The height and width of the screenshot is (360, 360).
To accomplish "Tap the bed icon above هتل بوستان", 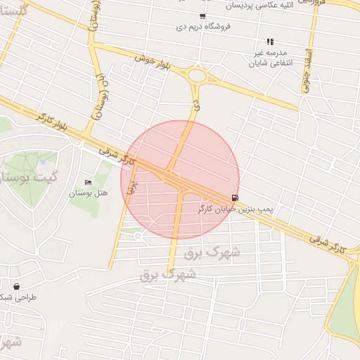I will [88, 183].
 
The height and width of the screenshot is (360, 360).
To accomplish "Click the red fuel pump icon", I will [234, 198].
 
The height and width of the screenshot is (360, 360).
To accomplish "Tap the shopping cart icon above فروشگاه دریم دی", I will [203, 16].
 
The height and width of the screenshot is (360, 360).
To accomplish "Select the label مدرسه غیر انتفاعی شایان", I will [269, 58].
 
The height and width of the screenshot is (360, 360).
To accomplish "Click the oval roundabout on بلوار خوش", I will [197, 75].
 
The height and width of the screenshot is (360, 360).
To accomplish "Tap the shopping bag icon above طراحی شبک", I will [16, 286].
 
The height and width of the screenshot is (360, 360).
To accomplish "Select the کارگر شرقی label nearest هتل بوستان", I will [117, 155].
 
